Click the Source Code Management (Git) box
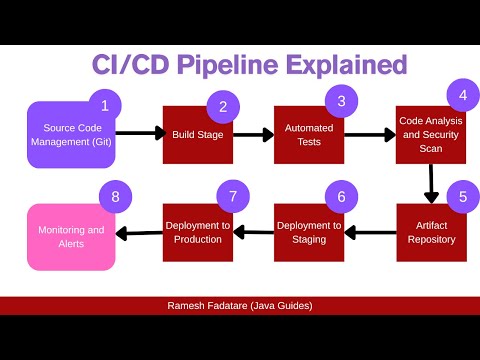point(70,134)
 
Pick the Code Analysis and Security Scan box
point(430,134)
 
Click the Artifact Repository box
point(430,233)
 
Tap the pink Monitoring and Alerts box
point(70,237)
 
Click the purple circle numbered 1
point(105,104)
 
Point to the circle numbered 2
point(223,106)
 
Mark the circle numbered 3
point(341,100)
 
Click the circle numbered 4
point(461,96)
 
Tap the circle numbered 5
point(461,196)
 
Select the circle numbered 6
point(341,196)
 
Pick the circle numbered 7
point(232,196)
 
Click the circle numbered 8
point(115,196)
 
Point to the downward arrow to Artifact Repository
point(431,182)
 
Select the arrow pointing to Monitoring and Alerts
point(138,233)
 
